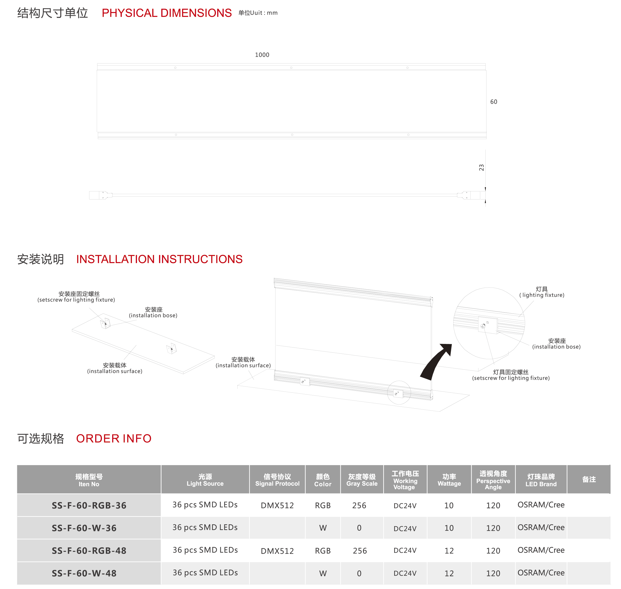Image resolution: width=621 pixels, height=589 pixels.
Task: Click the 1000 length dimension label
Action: coord(262,55)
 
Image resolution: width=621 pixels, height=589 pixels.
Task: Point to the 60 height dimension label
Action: coord(494,102)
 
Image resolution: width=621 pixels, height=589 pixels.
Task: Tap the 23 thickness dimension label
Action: coord(481,168)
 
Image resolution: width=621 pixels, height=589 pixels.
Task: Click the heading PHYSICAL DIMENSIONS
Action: coord(167,13)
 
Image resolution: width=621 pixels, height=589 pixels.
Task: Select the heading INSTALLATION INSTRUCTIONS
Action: coord(159,259)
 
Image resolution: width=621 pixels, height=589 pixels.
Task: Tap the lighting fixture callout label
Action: coord(542,292)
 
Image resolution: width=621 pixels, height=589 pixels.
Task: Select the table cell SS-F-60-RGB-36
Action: coord(89,506)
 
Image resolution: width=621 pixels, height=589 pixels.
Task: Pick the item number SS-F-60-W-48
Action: coord(84,573)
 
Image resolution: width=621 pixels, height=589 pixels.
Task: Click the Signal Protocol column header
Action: coord(277,480)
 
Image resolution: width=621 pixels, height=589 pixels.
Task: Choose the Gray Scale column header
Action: coord(362,480)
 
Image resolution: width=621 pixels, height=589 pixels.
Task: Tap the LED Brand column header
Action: coord(541,480)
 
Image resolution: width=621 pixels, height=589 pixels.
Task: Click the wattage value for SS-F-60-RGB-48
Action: coord(449,551)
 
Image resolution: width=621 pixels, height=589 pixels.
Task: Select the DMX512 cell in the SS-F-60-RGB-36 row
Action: coord(277,506)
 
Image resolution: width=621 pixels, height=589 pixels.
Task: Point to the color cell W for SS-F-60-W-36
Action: coord(323,528)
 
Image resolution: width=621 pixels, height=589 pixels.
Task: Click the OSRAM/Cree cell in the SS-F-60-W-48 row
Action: coord(541,573)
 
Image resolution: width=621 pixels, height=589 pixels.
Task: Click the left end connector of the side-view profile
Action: coord(100,195)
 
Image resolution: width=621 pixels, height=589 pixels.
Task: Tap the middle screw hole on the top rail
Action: coord(291,68)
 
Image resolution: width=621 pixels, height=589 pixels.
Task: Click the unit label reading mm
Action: coord(272,13)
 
